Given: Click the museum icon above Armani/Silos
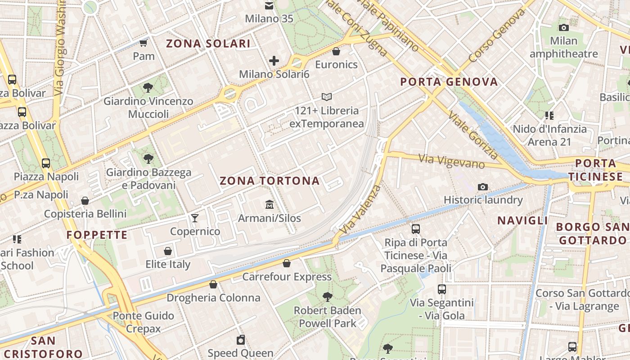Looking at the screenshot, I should [x=270, y=204].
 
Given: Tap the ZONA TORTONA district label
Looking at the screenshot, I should [x=270, y=181].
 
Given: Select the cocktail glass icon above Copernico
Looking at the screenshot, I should [x=194, y=218].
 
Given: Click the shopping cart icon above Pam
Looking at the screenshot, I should [x=144, y=43].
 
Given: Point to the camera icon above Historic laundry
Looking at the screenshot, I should [x=483, y=187].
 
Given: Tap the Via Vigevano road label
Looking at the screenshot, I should [x=451, y=161].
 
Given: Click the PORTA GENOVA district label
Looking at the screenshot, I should [x=449, y=82].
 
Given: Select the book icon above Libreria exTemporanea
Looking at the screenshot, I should [x=327, y=97].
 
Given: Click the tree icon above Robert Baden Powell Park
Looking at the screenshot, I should [x=327, y=297].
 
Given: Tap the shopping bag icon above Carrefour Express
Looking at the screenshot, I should [x=287, y=263].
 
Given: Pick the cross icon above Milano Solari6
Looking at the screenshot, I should [x=274, y=61].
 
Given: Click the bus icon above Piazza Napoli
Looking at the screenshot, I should [x=46, y=163].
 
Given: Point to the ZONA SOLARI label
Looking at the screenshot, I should [x=208, y=44].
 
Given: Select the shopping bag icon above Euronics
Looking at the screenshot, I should [x=336, y=51].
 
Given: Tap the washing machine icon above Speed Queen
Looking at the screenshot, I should [x=241, y=340].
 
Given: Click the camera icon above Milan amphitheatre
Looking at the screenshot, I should [x=563, y=27].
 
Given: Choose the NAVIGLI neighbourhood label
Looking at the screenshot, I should [x=522, y=220].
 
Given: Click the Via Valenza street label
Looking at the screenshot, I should [x=360, y=210].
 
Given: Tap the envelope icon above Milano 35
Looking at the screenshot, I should [x=269, y=6].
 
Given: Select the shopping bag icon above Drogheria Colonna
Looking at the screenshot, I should [x=213, y=284].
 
